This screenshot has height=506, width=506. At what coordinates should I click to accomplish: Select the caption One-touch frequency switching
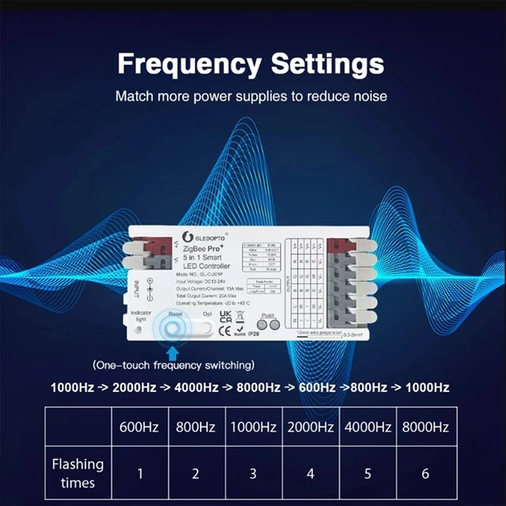pyautogui.click(x=174, y=365)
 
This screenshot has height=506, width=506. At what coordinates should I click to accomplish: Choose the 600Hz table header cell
pyautogui.click(x=139, y=428)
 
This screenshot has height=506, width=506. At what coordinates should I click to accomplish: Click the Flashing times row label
pyautogui.click(x=77, y=473)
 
